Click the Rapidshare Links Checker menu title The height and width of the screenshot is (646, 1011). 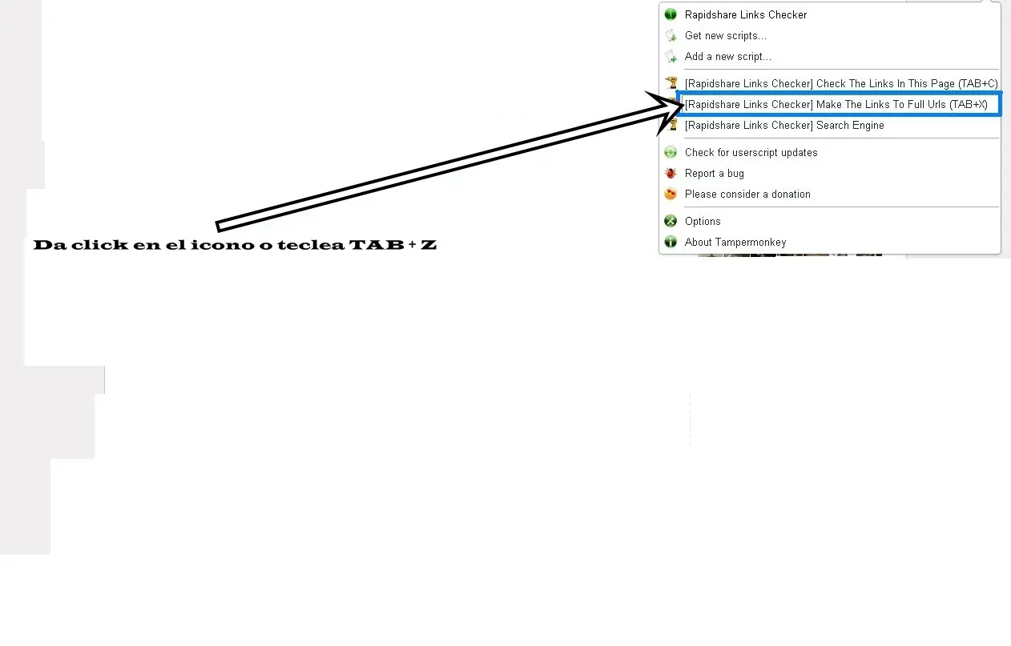746,15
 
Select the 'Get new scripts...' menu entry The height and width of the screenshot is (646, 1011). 725,36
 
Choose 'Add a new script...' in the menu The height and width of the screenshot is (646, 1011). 728,56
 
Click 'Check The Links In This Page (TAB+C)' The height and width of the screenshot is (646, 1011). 841,84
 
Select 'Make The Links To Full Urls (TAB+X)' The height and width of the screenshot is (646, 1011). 836,105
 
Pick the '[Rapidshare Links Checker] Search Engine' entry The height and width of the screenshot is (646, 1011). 784,126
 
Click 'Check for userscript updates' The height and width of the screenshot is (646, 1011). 751,152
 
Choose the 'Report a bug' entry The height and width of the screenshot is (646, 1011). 715,173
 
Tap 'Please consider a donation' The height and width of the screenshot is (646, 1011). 747,194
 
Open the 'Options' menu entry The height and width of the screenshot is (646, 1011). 703,222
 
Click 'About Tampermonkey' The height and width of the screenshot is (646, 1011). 735,243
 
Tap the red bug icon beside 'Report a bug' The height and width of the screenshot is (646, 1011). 671,173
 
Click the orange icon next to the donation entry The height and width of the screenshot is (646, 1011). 671,194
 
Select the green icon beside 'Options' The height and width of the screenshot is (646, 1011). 671,221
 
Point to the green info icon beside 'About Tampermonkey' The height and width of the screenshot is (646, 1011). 671,242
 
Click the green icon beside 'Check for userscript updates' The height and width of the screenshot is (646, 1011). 671,152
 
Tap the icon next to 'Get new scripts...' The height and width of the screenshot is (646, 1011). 671,36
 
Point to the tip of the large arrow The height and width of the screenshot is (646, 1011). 684,105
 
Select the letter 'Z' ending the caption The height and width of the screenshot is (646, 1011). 429,244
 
